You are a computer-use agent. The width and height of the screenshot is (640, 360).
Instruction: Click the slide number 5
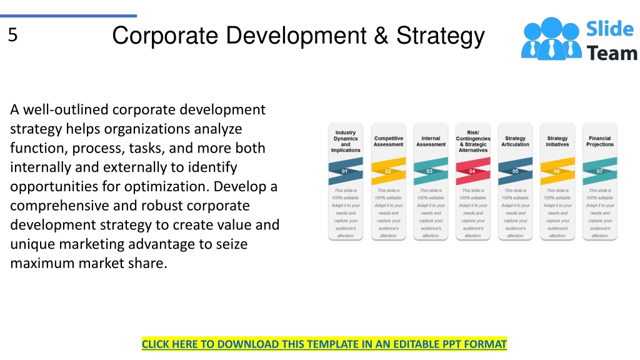(13, 36)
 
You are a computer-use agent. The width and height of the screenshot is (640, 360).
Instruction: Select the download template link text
(324, 344)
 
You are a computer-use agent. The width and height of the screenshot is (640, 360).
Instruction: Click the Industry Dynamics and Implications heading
(346, 141)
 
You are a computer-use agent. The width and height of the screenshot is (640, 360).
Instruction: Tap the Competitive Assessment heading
(388, 141)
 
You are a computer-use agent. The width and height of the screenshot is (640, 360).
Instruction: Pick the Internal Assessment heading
(431, 141)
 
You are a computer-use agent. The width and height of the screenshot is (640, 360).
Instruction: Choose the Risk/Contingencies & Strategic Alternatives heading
(473, 141)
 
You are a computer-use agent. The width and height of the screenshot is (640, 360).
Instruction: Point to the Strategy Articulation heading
(515, 141)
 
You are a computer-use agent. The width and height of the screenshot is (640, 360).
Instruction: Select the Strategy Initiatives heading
(557, 141)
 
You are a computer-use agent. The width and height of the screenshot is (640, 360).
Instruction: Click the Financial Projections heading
(600, 141)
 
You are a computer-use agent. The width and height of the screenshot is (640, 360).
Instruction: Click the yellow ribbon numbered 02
(388, 171)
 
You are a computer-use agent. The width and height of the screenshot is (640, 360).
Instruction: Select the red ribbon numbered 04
(473, 171)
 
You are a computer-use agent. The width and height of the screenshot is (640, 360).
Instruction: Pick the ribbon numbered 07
(600, 171)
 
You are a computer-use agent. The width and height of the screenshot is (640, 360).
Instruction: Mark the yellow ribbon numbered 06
(557, 171)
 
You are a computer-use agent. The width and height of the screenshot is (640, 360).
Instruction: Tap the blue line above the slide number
(68, 16)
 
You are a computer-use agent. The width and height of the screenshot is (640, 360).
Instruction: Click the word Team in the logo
(612, 53)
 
